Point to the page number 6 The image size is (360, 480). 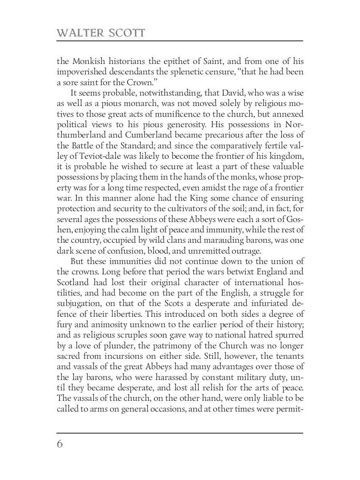coord(60,444)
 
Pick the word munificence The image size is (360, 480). coord(182,114)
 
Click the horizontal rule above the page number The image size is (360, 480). coord(180,433)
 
